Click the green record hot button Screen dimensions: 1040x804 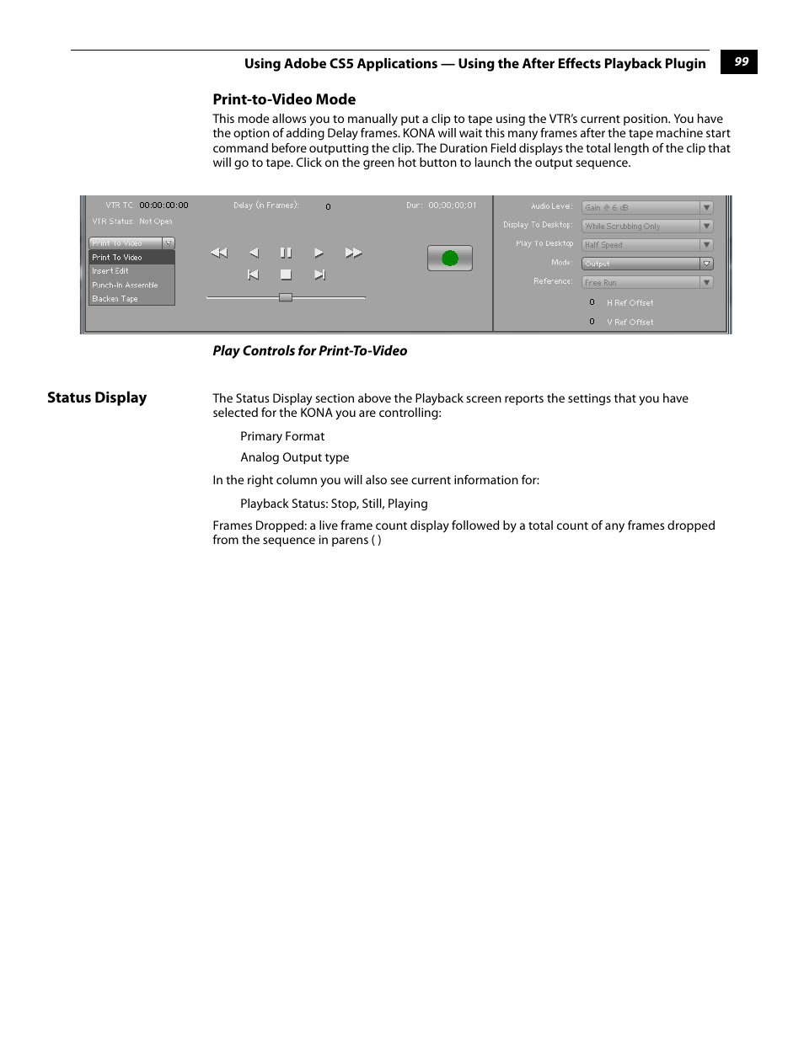(x=449, y=259)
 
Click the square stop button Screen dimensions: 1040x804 (x=286, y=275)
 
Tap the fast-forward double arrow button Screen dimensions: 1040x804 (x=353, y=253)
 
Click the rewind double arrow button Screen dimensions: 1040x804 (x=219, y=253)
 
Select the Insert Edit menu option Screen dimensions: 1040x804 (x=110, y=271)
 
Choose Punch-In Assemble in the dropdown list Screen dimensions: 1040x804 (x=125, y=285)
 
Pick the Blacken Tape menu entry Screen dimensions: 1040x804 (x=115, y=299)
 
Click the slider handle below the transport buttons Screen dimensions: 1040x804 (x=286, y=297)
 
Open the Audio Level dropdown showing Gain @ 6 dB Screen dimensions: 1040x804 (x=646, y=207)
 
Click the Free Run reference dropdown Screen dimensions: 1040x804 (x=646, y=283)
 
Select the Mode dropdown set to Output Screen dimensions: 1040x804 (x=646, y=264)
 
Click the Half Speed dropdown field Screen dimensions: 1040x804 (x=646, y=245)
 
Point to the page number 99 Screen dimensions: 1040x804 (x=741, y=61)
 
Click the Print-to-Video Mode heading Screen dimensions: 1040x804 (x=284, y=99)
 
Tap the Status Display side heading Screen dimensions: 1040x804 (x=97, y=397)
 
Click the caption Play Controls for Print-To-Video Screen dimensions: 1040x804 (x=309, y=351)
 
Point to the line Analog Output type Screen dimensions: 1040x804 (x=294, y=457)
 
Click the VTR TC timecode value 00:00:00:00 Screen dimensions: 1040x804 (x=163, y=205)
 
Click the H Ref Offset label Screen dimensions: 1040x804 (x=630, y=303)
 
